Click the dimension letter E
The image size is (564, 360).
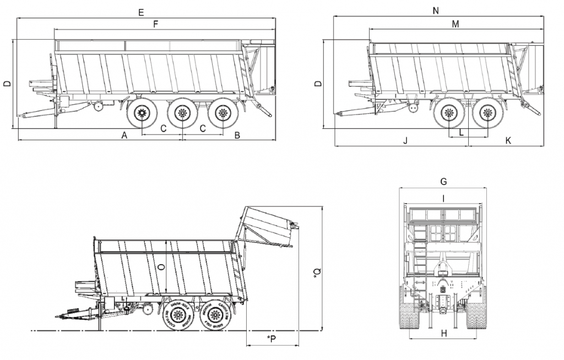tap(142, 12)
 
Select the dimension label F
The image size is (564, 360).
tap(156, 24)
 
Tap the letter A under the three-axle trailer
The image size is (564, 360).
tap(124, 135)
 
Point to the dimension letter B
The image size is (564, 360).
tap(237, 135)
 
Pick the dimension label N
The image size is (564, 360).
tap(452, 11)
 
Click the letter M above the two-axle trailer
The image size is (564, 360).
tap(455, 24)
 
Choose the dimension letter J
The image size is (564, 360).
tap(405, 141)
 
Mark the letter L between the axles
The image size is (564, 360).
tap(461, 133)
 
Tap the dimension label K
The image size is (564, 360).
tap(508, 141)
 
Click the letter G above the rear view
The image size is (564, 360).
tap(443, 182)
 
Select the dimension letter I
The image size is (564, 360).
tap(443, 197)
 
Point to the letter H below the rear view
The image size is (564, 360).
tap(443, 333)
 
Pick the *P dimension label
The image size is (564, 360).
tap(271, 337)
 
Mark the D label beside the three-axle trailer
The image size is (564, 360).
tap(7, 84)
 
